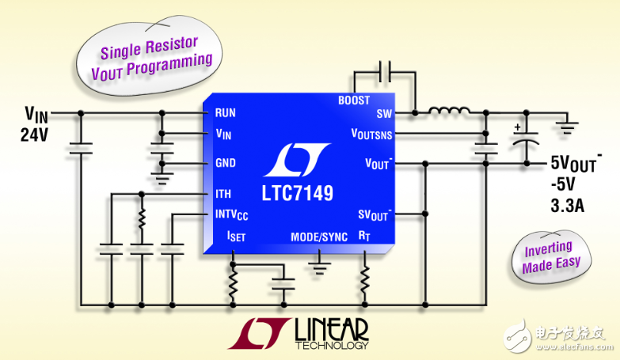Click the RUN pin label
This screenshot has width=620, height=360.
click(x=226, y=112)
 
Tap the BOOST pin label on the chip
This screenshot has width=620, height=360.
click(x=353, y=100)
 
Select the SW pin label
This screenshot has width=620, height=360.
click(x=384, y=112)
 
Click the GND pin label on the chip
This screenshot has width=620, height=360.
click(x=226, y=164)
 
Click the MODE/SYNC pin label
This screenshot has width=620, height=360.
click(x=318, y=236)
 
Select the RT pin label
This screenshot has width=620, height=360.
click(x=363, y=236)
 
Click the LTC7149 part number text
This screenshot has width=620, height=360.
click(x=297, y=192)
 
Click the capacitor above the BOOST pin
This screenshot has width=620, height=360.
click(x=385, y=72)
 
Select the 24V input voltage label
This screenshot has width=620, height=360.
click(x=35, y=135)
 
